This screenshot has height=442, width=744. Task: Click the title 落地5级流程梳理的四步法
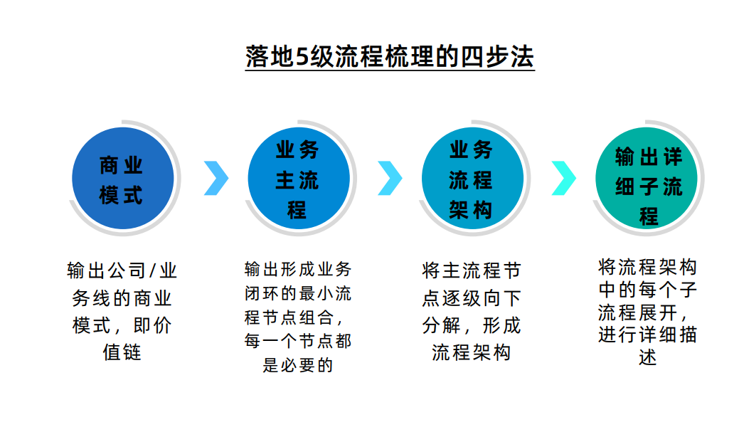coord(390,56)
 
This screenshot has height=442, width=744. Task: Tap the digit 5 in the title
coord(301,57)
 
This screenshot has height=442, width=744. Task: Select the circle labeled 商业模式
coord(122,179)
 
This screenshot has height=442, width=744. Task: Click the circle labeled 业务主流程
coord(297,179)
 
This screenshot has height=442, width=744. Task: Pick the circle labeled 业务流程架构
coord(472,179)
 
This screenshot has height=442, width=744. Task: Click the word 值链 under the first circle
coord(122,352)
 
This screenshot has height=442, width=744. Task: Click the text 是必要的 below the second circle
coord(297,366)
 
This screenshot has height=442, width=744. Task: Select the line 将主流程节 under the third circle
coord(472,271)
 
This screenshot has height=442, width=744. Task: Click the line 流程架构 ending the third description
coord(472,352)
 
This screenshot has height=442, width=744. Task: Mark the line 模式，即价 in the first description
coord(122,325)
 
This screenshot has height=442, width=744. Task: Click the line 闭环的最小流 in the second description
coord(297,293)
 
